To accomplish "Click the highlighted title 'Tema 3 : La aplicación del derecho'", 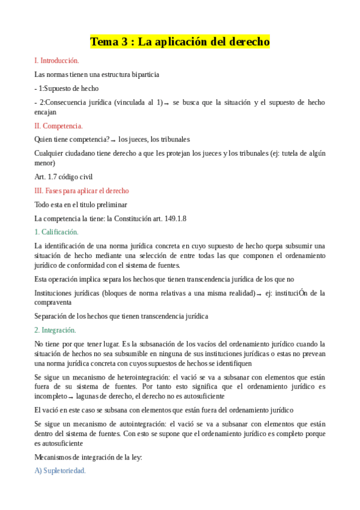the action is (x=180, y=42).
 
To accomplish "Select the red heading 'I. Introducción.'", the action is (x=57, y=61).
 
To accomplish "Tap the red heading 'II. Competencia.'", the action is (x=59, y=126).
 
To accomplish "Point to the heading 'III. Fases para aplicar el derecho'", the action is (x=82, y=191).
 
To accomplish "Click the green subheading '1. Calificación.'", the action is (x=56, y=232).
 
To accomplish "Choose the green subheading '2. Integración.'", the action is (x=55, y=330).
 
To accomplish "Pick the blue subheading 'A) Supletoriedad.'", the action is (x=60, y=471).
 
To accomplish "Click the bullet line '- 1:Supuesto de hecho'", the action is (x=67, y=88).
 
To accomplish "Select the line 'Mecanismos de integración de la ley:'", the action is (x=88, y=457).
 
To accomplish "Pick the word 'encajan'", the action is (x=46, y=112).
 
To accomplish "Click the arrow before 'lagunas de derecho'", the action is (x=71, y=397).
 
